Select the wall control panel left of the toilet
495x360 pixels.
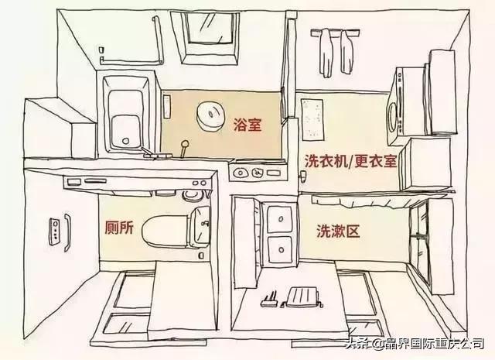pos(56,230)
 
